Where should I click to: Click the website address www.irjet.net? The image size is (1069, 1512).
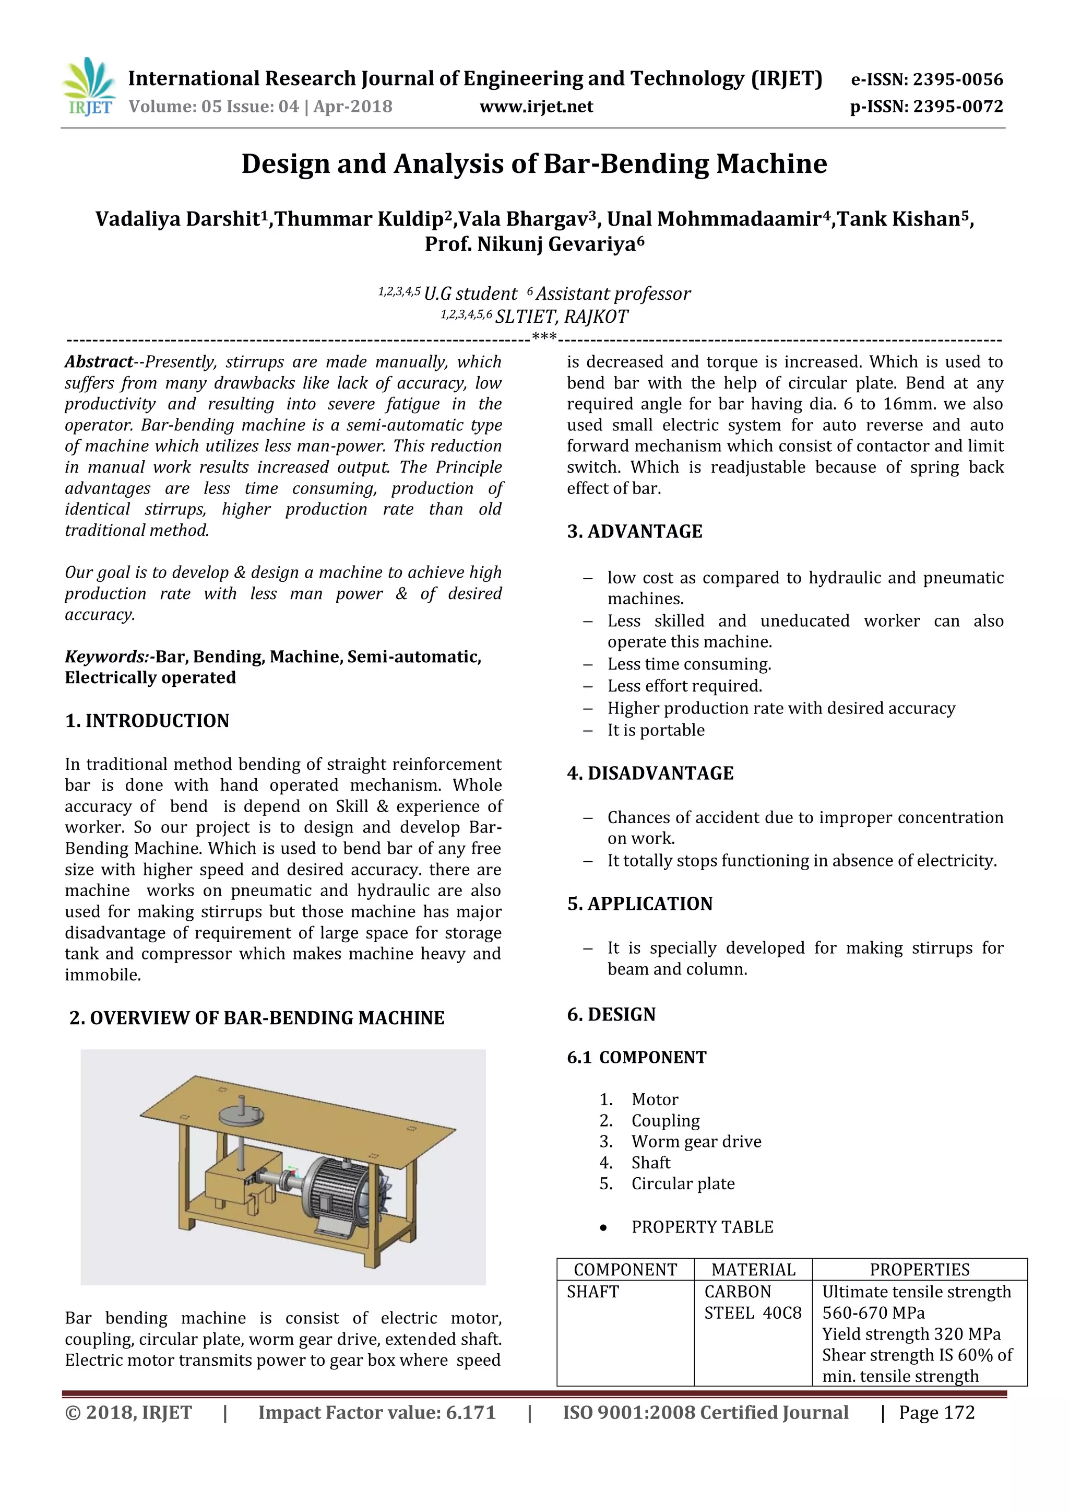[536, 107]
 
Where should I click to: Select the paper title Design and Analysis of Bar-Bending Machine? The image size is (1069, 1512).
[534, 164]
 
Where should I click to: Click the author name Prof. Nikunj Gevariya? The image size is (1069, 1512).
[534, 244]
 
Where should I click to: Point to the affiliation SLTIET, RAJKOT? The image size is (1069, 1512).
[561, 317]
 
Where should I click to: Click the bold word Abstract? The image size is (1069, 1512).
[99, 361]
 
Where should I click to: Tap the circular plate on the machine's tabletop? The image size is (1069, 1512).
[240, 1116]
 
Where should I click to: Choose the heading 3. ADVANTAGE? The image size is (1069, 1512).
[635, 532]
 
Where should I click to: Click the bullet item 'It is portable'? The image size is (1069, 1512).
[656, 730]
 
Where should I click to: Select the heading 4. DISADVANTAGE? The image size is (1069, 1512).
[650, 773]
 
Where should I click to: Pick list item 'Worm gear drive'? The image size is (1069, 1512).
[696, 1141]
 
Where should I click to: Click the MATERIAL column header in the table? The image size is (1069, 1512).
[753, 1269]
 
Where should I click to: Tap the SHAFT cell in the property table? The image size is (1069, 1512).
[592, 1292]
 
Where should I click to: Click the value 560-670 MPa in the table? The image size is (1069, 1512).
[873, 1312]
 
